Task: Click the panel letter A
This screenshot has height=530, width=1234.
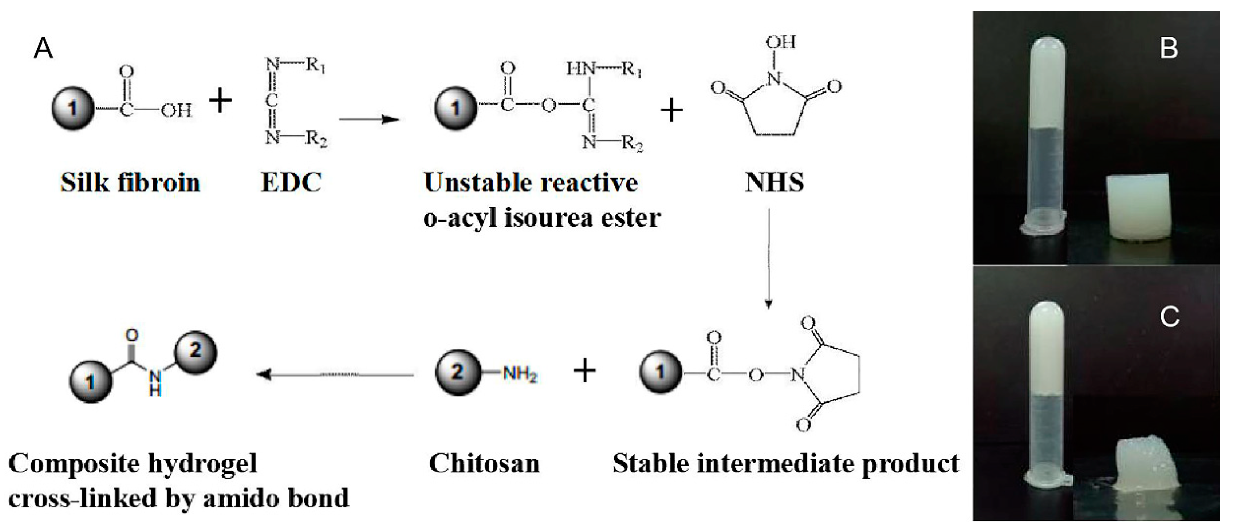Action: (x=43, y=49)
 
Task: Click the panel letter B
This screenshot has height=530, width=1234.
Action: (x=1169, y=48)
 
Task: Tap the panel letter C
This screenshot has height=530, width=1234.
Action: (x=1169, y=317)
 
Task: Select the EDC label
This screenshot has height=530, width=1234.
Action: (x=291, y=182)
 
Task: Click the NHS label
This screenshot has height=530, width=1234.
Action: (x=774, y=182)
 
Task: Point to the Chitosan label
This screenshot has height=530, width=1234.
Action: (x=484, y=464)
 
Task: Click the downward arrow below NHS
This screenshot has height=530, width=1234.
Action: (x=768, y=259)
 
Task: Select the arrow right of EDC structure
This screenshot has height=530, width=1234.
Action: (x=369, y=119)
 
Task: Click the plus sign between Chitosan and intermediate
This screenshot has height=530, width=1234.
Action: (x=584, y=371)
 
